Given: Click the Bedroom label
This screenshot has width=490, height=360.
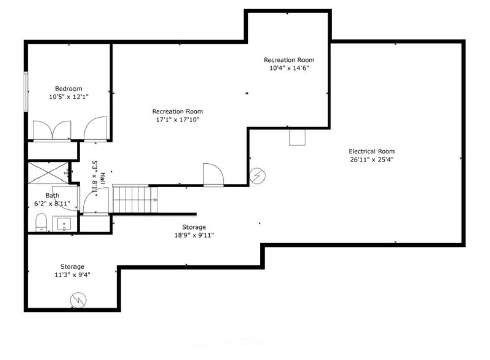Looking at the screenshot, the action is point(68,89).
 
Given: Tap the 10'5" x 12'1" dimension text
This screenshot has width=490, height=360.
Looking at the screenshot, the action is point(69,97).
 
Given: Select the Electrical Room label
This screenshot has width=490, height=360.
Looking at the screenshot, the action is point(371,151).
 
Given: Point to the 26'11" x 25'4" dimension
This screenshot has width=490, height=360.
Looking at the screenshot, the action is point(371,160).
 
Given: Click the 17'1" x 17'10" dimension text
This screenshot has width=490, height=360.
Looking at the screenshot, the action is point(177,120).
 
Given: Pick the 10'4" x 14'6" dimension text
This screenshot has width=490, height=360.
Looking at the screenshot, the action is point(289,68).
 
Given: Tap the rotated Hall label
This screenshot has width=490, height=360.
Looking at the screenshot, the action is point(102,178).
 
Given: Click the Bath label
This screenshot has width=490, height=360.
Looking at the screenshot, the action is point(52,196).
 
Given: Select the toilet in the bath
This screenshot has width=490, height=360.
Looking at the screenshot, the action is point(41,222).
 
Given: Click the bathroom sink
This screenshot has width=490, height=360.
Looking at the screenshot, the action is point(64,224).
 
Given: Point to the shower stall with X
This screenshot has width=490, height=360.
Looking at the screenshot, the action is point(49,173).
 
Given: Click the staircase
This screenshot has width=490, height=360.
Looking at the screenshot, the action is point(135,200).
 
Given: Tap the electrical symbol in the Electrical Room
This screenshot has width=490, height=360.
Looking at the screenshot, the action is point(257,176).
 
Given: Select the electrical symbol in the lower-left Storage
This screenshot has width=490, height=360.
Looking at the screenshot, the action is point(78,300).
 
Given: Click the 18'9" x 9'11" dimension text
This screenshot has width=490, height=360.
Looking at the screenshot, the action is point(194,235).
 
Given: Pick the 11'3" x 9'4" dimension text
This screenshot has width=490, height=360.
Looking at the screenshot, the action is point(72,275).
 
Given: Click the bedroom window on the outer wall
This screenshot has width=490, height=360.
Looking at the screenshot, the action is point(26,91).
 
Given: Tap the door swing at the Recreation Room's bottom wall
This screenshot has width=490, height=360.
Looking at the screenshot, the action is point(213,174).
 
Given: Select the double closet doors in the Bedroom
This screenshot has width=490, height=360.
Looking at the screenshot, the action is point(52,131).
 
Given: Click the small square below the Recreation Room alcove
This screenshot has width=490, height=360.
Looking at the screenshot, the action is point(297,137).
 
